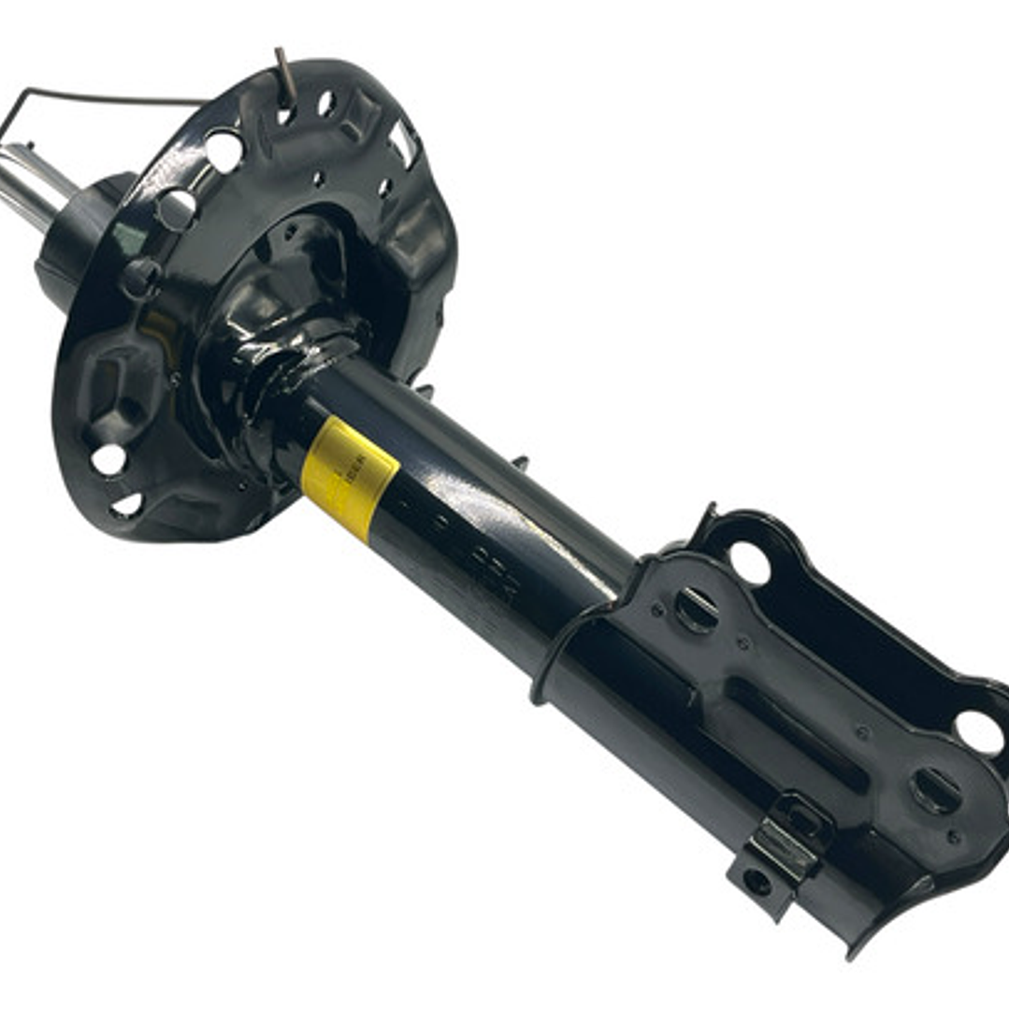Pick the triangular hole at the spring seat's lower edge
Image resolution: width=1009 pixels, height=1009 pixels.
[126, 506]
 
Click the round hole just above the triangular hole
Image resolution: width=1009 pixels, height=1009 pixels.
[109, 458]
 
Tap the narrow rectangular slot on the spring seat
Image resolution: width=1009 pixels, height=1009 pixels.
[404, 142]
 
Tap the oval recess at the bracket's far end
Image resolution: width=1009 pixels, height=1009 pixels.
[936, 791]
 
